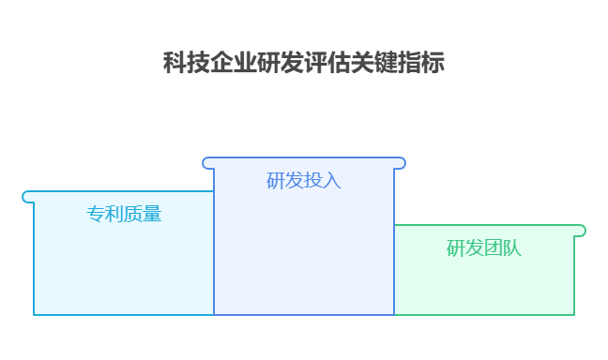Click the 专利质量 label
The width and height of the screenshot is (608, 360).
(x=124, y=214)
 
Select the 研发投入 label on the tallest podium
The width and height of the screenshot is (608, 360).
(x=304, y=180)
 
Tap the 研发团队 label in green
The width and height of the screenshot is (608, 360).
(x=484, y=248)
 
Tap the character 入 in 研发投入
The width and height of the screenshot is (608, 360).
(x=332, y=180)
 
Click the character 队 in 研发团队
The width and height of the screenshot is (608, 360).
(x=512, y=248)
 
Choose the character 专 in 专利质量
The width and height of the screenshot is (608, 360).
(x=96, y=214)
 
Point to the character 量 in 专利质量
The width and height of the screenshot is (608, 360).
(x=152, y=214)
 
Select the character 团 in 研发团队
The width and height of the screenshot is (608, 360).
(x=494, y=248)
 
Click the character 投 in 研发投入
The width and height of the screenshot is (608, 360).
(x=313, y=180)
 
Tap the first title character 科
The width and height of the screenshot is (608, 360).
(x=175, y=64)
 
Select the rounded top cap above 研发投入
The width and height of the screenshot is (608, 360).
(x=304, y=163)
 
